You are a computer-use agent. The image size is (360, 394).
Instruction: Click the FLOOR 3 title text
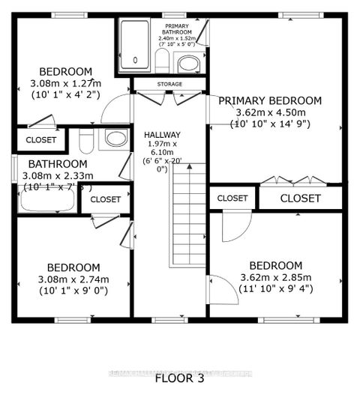tap(180, 377)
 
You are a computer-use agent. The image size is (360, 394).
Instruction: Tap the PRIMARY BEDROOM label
tap(269, 100)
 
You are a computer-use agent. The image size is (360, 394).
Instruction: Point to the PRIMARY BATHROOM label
tap(178, 29)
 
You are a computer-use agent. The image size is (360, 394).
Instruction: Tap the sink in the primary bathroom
tap(188, 62)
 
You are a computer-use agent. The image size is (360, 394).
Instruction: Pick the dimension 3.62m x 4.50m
tap(269, 114)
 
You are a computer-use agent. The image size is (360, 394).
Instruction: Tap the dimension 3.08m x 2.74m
tap(73, 279)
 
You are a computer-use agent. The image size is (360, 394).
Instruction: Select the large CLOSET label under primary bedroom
tap(300, 198)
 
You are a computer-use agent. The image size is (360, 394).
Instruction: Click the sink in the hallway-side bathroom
tap(115, 138)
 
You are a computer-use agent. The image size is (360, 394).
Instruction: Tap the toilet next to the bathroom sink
tap(85, 140)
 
